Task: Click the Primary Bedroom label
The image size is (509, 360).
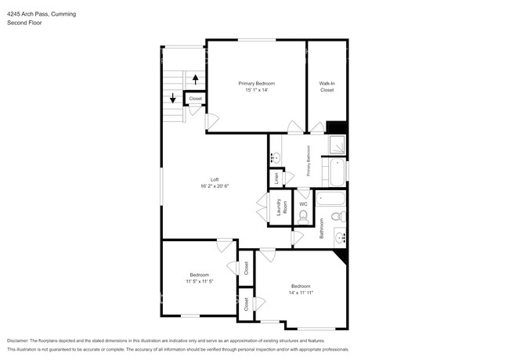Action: (256, 84)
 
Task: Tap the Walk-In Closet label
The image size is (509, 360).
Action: (327, 87)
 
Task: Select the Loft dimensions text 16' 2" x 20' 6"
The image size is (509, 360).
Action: (215, 186)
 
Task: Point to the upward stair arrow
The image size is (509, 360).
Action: (196, 80)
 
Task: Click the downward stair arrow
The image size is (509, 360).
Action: (173, 98)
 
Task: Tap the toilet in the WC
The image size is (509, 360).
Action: (303, 217)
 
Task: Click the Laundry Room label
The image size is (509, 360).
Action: (282, 207)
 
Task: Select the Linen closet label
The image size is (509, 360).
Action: (276, 178)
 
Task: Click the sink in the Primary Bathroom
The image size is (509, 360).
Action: (276, 158)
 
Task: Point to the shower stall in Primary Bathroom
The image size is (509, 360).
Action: (338, 144)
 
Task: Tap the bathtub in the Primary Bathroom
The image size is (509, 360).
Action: (338, 172)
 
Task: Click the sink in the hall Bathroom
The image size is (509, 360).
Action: (340, 238)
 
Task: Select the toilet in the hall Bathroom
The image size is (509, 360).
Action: (339, 216)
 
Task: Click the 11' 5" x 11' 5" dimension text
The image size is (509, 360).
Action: (200, 282)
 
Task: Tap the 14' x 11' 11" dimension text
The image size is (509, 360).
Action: (301, 293)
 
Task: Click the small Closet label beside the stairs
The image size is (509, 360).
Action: (196, 99)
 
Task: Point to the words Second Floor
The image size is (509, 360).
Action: (25, 23)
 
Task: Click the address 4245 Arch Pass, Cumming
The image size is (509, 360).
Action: (42, 14)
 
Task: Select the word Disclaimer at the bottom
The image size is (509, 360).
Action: (18, 340)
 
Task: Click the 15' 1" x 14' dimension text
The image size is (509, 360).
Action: (256, 90)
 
